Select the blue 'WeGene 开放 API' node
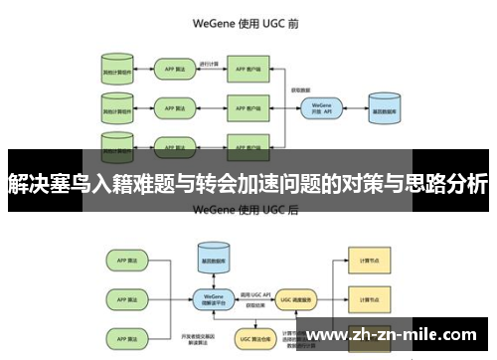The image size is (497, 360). [321, 107]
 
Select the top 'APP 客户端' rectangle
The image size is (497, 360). [249, 71]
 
